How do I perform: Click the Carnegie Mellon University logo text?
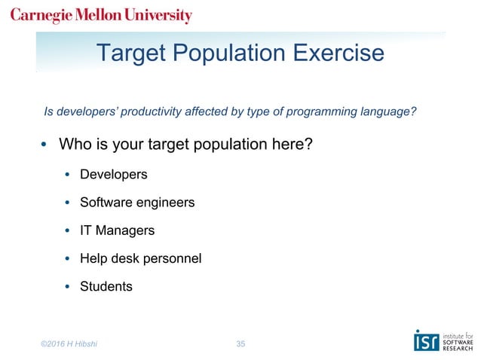coord(101,16)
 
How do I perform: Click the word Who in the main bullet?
coord(75,144)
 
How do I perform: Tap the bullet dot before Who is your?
coord(44,145)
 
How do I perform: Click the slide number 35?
coord(240,344)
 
